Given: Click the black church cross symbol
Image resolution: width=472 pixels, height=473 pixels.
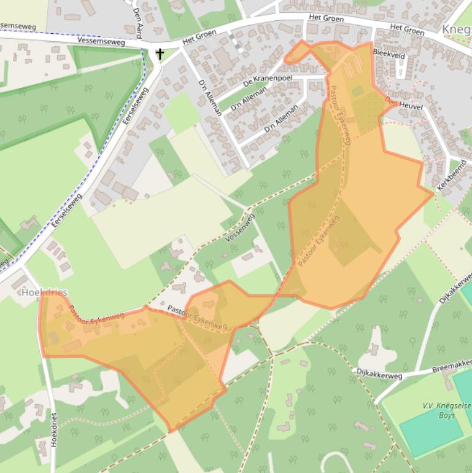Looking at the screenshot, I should tap(160, 54).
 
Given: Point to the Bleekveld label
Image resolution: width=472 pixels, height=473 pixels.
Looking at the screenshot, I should tap(389, 53).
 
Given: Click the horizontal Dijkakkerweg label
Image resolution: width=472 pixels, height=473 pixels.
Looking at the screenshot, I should tap(379, 372).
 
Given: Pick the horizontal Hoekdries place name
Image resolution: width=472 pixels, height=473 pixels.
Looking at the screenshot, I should tap(44, 292).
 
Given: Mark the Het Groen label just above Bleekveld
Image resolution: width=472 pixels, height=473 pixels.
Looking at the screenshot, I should tap(407, 29).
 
